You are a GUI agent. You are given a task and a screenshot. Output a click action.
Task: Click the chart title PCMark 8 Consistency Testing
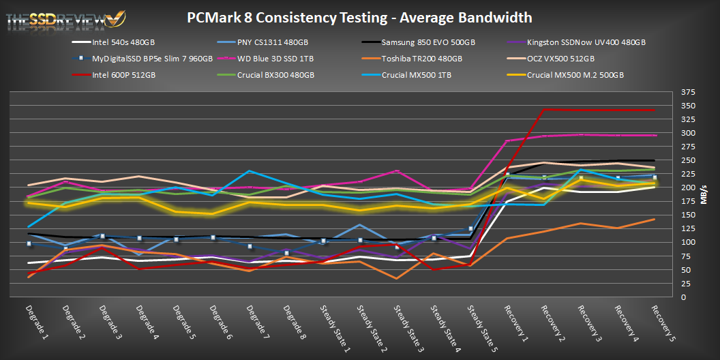(359, 17)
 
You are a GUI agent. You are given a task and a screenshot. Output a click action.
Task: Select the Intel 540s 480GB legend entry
(123, 42)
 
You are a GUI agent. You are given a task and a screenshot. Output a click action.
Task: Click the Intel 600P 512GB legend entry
(123, 75)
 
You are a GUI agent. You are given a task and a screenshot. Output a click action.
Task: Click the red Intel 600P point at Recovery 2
(543, 110)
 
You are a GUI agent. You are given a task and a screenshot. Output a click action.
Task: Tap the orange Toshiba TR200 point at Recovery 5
(654, 220)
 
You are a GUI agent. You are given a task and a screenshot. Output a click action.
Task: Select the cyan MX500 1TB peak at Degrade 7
(250, 171)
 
